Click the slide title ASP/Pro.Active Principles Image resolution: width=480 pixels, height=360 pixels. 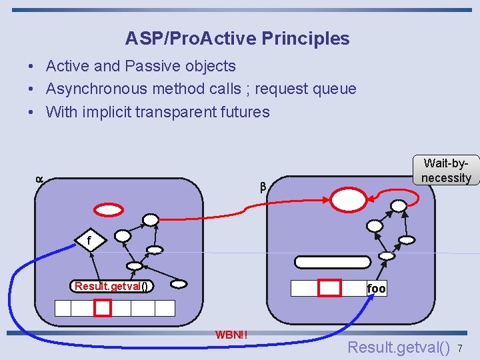coord(237,39)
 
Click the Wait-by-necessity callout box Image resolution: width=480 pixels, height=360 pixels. coord(446,170)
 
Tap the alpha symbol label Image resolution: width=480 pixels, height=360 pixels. coord(39,179)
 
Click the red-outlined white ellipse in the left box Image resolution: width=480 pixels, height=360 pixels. coord(109,209)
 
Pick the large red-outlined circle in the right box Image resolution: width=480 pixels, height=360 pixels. coord(349,199)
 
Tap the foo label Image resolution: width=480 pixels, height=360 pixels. coord(376,289)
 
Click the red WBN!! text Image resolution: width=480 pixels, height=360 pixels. coord(231,334)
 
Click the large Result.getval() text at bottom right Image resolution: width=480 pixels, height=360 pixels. coord(399,347)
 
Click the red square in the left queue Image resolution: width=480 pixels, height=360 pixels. coord(102,308)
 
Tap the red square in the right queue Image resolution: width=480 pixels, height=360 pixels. coord(329,288)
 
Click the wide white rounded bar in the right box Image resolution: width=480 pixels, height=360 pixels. coord(332,262)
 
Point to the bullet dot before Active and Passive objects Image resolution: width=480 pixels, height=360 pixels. coord(31,67)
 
